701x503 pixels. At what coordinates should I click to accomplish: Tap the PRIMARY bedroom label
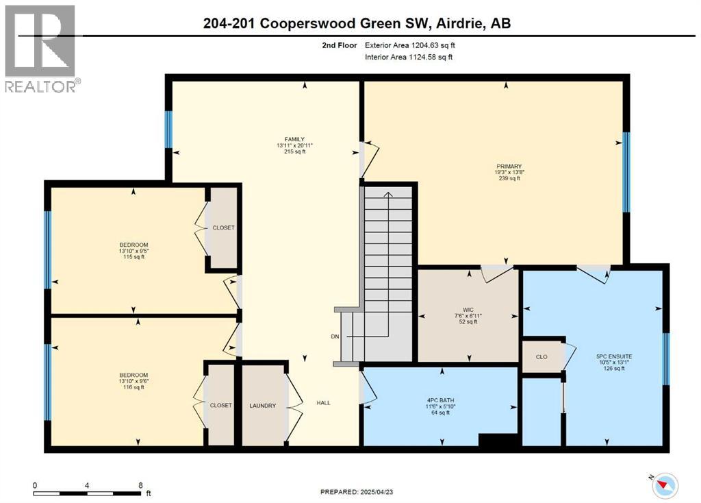509,167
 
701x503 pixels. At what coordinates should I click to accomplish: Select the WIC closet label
469,308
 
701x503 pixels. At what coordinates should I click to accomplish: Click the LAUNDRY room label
263,406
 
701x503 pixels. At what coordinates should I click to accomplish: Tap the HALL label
323,403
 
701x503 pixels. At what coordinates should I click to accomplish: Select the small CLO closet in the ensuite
541,356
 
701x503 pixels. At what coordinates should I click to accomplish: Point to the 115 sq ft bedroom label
134,245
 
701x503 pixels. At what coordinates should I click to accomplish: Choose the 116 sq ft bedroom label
134,375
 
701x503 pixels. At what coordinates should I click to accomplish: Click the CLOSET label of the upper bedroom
223,228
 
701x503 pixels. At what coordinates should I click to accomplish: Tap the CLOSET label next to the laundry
220,406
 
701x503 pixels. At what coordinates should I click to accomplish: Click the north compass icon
664,484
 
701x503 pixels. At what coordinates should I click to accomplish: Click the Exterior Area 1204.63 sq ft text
409,45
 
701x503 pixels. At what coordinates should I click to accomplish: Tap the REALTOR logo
41,48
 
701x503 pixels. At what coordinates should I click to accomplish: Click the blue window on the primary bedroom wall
626,172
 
